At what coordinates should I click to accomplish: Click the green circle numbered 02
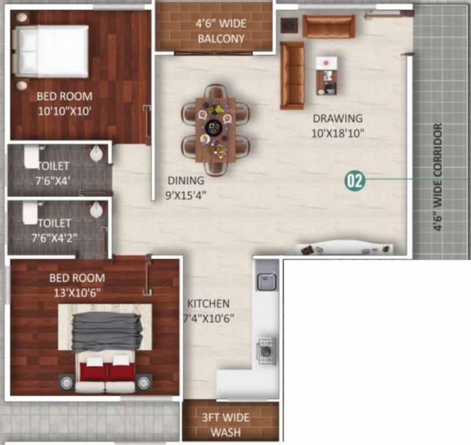[x=355, y=181]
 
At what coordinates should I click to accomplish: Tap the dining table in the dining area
[x=216, y=130]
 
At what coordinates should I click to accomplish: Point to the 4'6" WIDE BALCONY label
[x=221, y=32]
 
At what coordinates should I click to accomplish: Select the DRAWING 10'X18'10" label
[x=338, y=125]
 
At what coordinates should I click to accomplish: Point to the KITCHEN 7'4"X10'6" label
[x=209, y=311]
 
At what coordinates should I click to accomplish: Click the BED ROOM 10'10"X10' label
[x=64, y=103]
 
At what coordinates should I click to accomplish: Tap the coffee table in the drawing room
[x=327, y=75]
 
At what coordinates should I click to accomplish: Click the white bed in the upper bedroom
[x=51, y=51]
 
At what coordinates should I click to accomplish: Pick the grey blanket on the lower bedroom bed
[x=108, y=330]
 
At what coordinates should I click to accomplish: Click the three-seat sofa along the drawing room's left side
[x=292, y=75]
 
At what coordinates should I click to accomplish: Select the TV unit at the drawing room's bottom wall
[x=346, y=248]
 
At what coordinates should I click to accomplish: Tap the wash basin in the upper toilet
[x=97, y=154]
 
